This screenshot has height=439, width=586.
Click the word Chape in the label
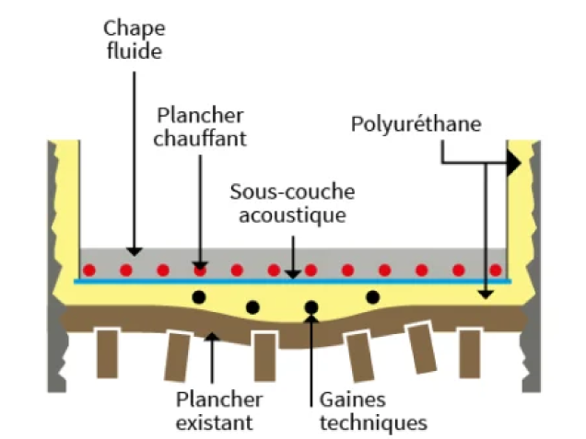point(135,29)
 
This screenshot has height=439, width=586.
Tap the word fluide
point(135,51)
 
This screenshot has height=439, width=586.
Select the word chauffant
point(200,138)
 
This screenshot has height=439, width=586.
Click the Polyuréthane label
point(416,124)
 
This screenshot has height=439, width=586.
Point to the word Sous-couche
point(292,191)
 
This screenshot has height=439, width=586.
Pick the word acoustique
point(292,215)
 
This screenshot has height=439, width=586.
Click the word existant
point(215,423)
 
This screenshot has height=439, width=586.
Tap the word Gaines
point(352,399)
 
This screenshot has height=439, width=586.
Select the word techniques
point(373,423)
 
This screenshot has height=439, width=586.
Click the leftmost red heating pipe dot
point(89,270)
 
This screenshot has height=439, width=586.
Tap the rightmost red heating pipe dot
point(496,270)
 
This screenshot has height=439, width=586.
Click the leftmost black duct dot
point(199,297)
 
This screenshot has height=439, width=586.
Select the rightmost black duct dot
point(372,297)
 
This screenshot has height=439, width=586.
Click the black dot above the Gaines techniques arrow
point(311,307)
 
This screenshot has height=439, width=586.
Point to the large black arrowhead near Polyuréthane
point(514,163)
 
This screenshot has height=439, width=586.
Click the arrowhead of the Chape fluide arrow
point(135,251)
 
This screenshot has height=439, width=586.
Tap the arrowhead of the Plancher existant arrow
point(212,336)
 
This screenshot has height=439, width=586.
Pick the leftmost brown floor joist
point(107,353)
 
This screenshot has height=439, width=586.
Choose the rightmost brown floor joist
point(469,353)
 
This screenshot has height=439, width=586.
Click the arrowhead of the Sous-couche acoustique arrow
point(293,274)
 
